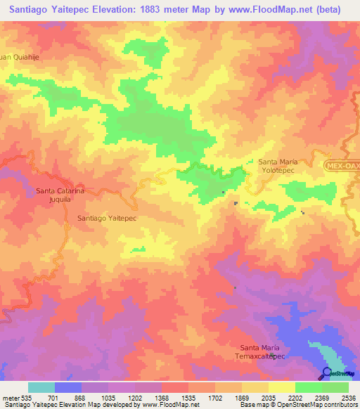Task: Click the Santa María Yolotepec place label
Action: point(278,166)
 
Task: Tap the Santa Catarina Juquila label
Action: point(60,195)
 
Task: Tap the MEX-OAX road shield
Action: point(342,164)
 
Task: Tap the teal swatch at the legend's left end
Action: point(41,387)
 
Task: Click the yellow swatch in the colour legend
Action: point(281,387)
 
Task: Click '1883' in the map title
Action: point(154,10)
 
